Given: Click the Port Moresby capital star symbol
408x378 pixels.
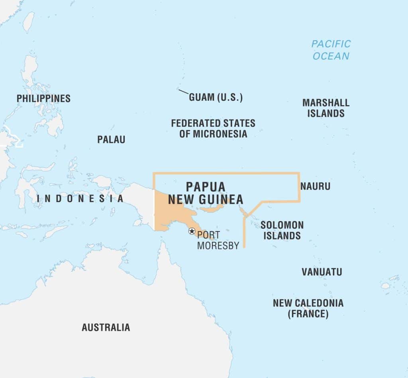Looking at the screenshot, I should point(192,231).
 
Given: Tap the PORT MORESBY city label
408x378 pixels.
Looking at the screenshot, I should point(218,240).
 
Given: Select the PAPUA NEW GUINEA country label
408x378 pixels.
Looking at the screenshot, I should point(206,193).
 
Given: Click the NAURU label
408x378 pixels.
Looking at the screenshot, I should point(315,186).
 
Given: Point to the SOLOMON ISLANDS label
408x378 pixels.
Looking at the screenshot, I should point(282,230).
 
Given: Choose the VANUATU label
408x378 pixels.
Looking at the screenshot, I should point(322,272).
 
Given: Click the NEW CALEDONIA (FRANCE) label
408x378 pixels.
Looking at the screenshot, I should point(308,308).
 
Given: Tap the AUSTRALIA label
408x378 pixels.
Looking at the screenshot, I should point(106,327).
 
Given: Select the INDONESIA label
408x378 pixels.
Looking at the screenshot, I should point(80,198).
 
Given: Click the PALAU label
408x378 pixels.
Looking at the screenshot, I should point(111,139).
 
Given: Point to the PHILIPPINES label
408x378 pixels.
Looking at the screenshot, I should point(43,98).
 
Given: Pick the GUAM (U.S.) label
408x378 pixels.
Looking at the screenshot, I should point(216,97).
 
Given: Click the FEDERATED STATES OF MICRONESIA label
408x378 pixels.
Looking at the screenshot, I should point(213,128).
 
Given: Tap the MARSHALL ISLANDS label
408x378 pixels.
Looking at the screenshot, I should point(326,108).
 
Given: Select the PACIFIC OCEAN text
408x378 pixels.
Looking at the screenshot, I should point(331,49).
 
